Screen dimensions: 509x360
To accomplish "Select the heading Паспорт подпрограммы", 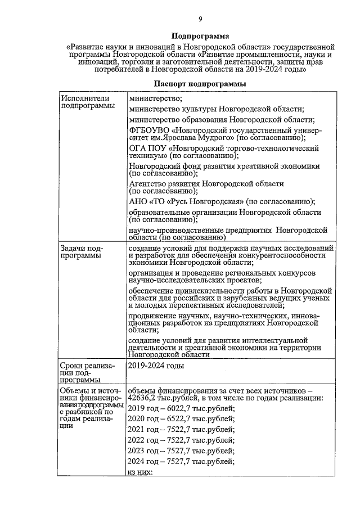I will (200, 83).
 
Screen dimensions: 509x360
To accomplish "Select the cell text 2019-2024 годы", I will (156, 366).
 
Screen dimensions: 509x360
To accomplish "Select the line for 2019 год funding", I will (181, 408).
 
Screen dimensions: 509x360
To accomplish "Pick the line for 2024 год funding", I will (181, 462).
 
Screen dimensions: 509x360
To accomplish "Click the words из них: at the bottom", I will (141, 472).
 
